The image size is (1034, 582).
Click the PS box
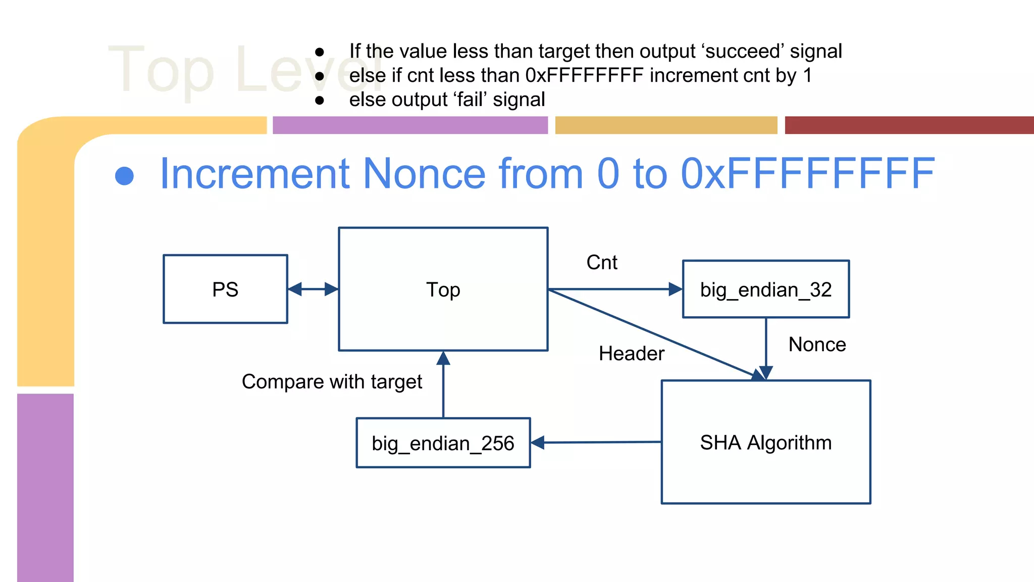tap(225, 289)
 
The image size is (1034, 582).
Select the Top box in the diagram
tap(443, 289)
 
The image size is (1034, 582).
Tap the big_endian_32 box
tap(765, 289)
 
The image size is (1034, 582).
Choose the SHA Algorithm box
tap(765, 442)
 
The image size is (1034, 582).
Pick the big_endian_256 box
tap(443, 443)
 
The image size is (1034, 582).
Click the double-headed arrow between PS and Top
tap(313, 289)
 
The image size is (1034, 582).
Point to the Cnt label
tap(602, 263)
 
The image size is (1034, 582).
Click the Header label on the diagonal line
tap(631, 354)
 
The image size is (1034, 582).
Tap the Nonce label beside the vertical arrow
tap(817, 345)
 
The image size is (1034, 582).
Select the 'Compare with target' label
tap(332, 382)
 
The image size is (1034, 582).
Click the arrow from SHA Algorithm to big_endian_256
tap(596, 443)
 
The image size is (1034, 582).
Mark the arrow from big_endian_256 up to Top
tap(443, 384)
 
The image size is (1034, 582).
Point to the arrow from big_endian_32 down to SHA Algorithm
tap(766, 349)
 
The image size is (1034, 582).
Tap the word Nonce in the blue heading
tap(424, 174)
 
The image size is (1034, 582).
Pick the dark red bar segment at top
tap(909, 125)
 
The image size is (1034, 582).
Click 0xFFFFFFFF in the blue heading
tap(808, 174)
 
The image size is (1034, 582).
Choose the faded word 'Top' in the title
tap(162, 71)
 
